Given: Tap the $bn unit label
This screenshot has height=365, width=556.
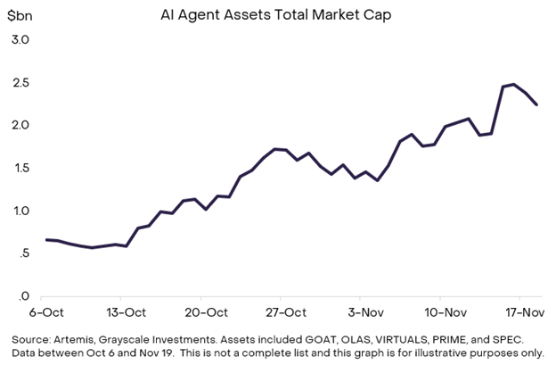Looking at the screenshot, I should point(21,17).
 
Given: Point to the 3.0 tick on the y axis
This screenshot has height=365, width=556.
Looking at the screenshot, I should point(20,39).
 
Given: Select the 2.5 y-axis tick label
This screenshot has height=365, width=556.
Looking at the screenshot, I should point(20,82).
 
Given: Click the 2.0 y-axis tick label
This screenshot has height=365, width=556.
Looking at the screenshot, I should point(20,125).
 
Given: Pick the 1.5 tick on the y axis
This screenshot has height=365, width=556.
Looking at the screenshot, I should point(20,168).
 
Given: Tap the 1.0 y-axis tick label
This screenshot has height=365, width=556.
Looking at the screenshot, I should point(20,211).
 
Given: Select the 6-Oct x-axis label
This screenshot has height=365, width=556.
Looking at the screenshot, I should point(46,312).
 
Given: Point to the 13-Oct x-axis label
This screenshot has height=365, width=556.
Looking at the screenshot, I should point(126,312).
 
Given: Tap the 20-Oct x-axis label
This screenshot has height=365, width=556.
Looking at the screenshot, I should point(206,312).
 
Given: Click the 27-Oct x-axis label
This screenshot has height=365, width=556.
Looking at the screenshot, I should point(286,312).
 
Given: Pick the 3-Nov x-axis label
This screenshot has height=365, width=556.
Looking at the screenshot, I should point(364,312).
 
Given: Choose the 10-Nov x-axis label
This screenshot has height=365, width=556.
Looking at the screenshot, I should point(445,312).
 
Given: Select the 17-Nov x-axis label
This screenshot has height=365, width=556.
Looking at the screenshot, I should point(525,312).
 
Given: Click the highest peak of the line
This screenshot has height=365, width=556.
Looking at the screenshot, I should point(514,84).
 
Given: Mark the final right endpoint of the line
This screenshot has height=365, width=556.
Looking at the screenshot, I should point(536,104).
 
